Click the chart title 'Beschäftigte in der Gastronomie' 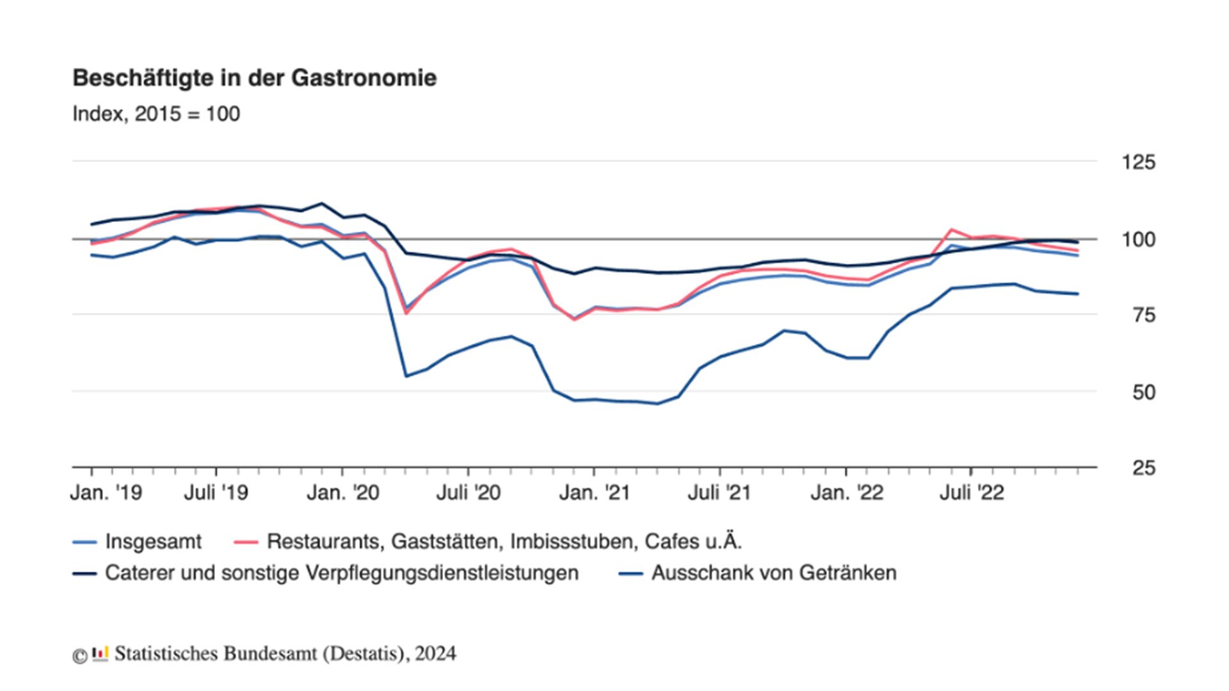[x=254, y=78]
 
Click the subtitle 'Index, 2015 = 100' [x=156, y=114]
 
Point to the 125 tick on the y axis [x=1138, y=163]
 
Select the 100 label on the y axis [x=1138, y=240]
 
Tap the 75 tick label [x=1143, y=315]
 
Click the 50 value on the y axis [x=1143, y=392]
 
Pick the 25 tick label [x=1143, y=468]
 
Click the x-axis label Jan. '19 [x=106, y=493]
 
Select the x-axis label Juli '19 [x=216, y=493]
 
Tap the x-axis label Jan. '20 [x=342, y=493]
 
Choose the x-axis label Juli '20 [x=468, y=493]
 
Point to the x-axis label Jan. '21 [x=594, y=493]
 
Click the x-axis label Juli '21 [x=719, y=493]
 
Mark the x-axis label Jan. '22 [x=846, y=493]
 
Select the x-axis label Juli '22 [x=971, y=493]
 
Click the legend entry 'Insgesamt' [x=152, y=542]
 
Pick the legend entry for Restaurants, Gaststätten [x=504, y=542]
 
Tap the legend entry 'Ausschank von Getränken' [x=773, y=573]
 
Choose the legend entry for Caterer [x=341, y=573]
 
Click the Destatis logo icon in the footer [x=100, y=654]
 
